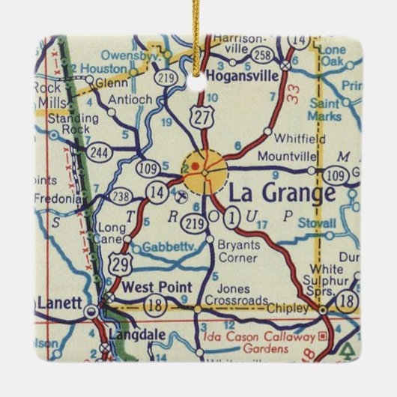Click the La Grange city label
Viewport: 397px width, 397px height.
click(281, 193)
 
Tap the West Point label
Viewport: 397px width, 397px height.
click(157, 287)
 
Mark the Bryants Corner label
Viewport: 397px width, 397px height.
click(237, 250)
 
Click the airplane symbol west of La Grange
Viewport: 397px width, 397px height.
click(181, 197)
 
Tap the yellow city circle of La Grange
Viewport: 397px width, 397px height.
click(203, 171)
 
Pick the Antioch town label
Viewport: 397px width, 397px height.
click(130, 99)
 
